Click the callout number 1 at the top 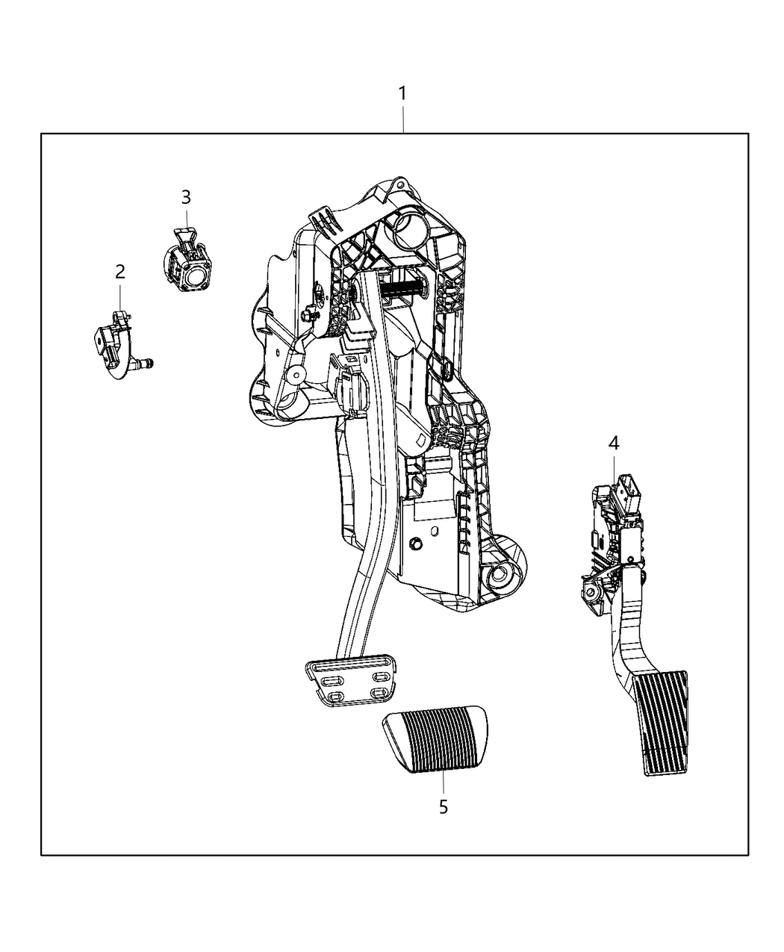(x=402, y=94)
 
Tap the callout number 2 (x=120, y=272)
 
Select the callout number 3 (x=186, y=197)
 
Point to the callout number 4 (x=613, y=444)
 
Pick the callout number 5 (x=444, y=807)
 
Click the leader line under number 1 (x=403, y=119)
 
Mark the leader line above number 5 (x=443, y=784)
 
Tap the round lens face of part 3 (x=199, y=279)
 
